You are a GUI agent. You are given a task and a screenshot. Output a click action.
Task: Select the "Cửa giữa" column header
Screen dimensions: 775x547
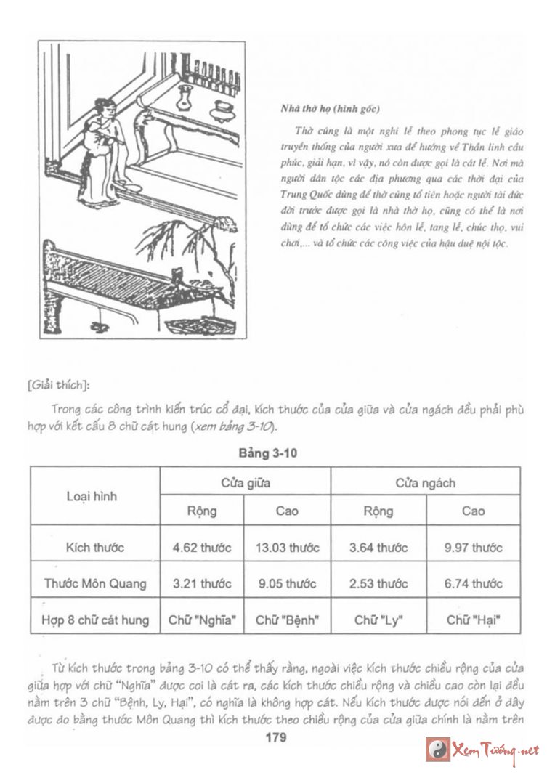[244, 482]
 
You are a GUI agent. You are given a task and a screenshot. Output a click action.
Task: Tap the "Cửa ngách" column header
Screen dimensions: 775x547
[425, 482]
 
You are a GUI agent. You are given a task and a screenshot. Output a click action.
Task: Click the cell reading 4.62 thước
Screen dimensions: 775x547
[202, 547]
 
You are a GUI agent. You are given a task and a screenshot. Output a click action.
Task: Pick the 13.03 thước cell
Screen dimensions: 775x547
[287, 547]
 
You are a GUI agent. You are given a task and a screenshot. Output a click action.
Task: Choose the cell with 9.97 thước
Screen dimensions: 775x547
[473, 547]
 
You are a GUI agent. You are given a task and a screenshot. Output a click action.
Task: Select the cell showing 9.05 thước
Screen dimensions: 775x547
[287, 583]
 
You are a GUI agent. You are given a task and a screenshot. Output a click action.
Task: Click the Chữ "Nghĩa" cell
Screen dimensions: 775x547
[202, 620]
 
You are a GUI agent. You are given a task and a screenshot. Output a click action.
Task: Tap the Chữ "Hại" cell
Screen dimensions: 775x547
[473, 620]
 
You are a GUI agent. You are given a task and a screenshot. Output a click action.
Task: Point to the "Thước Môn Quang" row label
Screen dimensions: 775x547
[94, 583]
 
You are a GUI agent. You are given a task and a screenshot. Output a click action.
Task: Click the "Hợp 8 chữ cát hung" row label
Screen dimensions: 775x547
[94, 620]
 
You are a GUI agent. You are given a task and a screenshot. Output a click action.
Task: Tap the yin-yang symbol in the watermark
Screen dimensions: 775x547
[437, 749]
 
